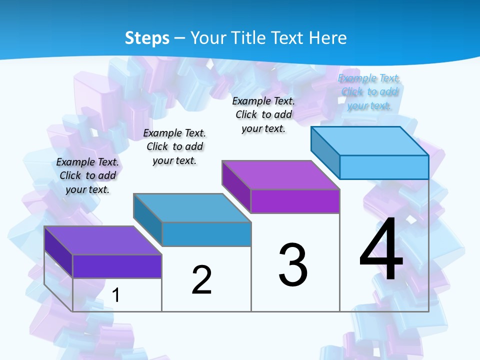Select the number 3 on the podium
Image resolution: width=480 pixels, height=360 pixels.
tap(292, 265)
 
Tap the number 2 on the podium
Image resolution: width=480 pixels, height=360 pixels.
tap(201, 280)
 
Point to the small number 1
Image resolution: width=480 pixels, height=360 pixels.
tap(116, 295)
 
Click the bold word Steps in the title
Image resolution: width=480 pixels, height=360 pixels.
tap(147, 38)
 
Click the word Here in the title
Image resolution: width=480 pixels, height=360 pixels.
tap(327, 38)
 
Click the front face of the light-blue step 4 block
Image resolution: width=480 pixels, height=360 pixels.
tap(384, 167)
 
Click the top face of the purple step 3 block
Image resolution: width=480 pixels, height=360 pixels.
tap(281, 175)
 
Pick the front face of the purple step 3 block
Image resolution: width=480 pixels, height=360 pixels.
tap(295, 201)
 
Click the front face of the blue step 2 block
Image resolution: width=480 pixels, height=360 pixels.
tap(206, 234)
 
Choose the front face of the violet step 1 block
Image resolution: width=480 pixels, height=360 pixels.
tap(117, 266)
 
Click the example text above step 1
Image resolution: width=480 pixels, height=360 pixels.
tap(87, 175)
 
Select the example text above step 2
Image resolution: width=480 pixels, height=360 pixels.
tap(174, 146)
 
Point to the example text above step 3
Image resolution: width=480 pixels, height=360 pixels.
tap(263, 114)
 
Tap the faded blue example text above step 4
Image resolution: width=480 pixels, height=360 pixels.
tap(369, 91)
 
